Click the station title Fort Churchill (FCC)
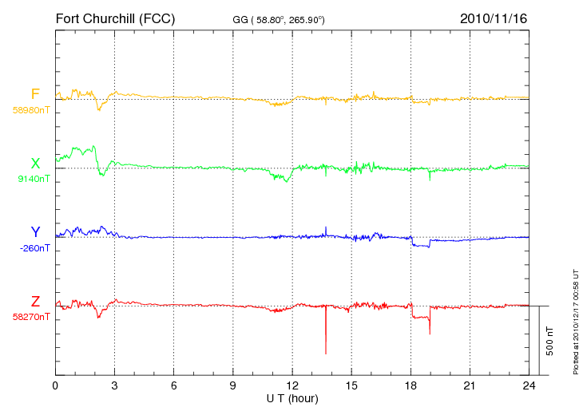pyautogui.click(x=115, y=18)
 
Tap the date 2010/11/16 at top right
pyautogui.click(x=494, y=18)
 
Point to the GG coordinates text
pyautogui.click(x=279, y=20)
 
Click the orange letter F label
pyautogui.click(x=35, y=94)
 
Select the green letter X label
pyautogui.click(x=35, y=164)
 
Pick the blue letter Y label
pyautogui.click(x=35, y=232)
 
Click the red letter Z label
pyautogui.click(x=35, y=302)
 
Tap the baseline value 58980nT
pyautogui.click(x=31, y=110)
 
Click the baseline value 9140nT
pyautogui.click(x=34, y=179)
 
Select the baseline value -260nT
pyautogui.click(x=34, y=248)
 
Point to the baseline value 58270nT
pyautogui.click(x=31, y=317)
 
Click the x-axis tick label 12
pyautogui.click(x=292, y=385)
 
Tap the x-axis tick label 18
pyautogui.click(x=410, y=385)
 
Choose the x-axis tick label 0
pyautogui.click(x=55, y=385)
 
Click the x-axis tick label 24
pyautogui.click(x=529, y=385)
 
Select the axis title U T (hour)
pyautogui.click(x=292, y=399)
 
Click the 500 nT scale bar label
pyautogui.click(x=550, y=341)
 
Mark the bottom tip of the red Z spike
pyautogui.click(x=326, y=354)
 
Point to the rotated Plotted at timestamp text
pyautogui.click(x=576, y=322)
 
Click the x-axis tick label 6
pyautogui.click(x=173, y=385)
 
